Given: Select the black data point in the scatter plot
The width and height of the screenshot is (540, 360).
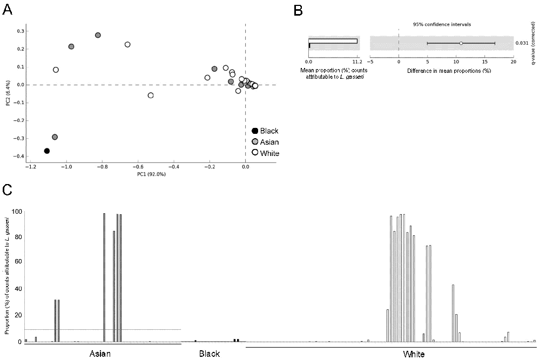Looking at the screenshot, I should pyautogui.click(x=47, y=151).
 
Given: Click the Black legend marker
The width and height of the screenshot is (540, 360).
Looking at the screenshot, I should pyautogui.click(x=255, y=131).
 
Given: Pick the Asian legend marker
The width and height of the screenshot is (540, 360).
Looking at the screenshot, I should pyautogui.click(x=255, y=142).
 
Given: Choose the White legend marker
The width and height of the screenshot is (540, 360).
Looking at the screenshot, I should pyautogui.click(x=255, y=153).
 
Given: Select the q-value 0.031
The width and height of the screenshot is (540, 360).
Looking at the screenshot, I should pyautogui.click(x=522, y=43).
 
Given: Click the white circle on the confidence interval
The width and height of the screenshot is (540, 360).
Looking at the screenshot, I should pyautogui.click(x=461, y=43).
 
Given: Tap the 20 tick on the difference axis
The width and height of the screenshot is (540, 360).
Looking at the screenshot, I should pyautogui.click(x=513, y=62).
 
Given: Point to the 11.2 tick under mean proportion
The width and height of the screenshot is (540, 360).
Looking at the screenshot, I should pyautogui.click(x=356, y=62).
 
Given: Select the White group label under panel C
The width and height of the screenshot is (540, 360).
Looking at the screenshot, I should pyautogui.click(x=414, y=354).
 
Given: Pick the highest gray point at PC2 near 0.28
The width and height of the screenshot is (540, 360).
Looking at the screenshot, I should pyautogui.click(x=98, y=35).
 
